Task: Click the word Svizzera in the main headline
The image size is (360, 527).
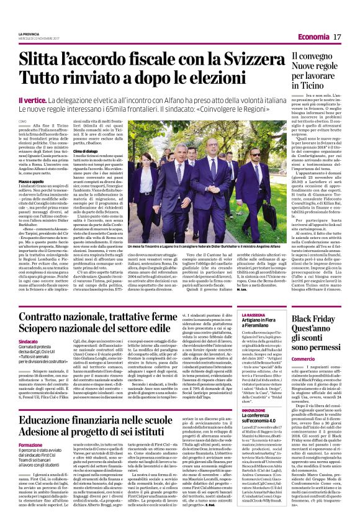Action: pos(241,61)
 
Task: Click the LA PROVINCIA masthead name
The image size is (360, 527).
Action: pos(29,34)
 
